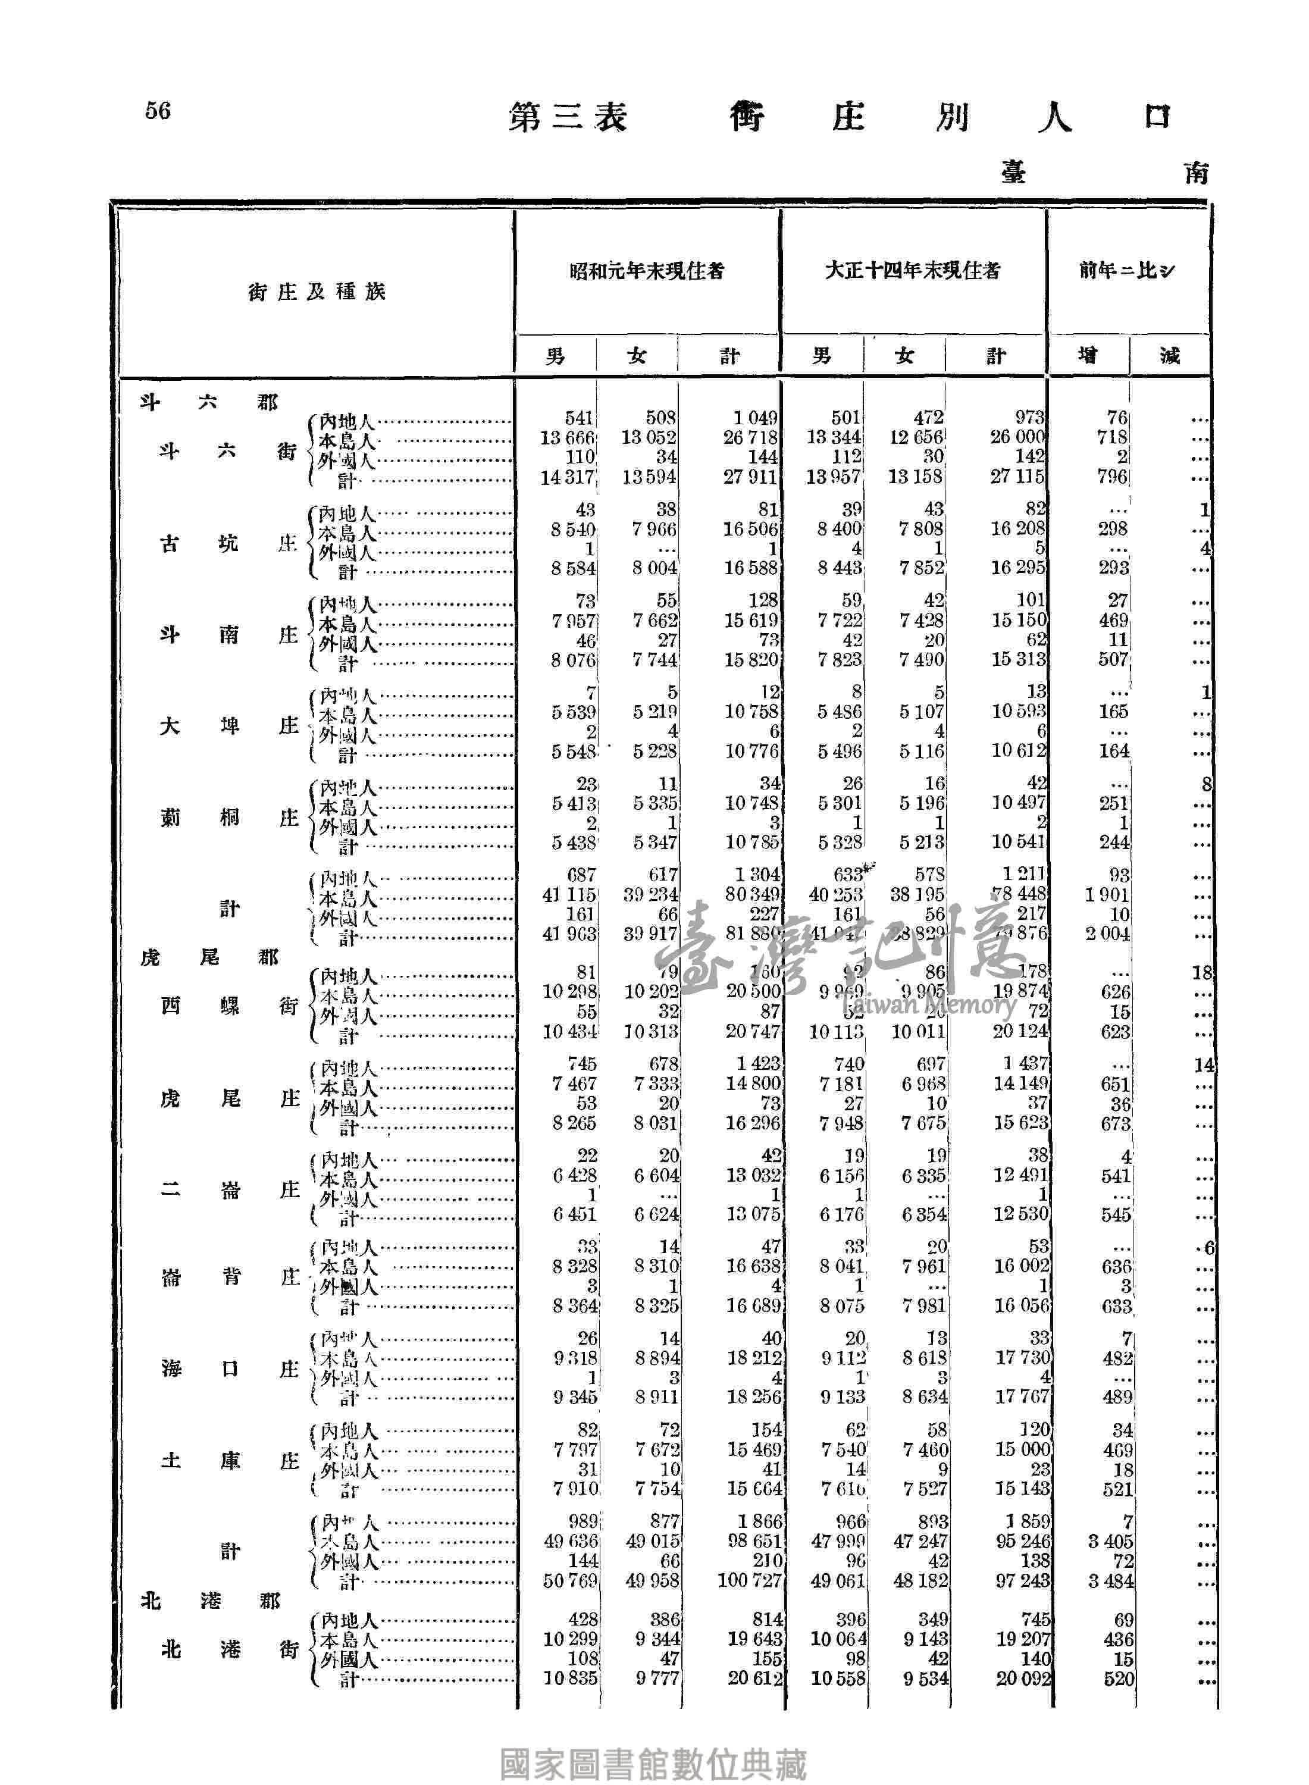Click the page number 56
coord(158,110)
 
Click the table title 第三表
coord(568,117)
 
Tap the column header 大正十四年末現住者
coord(912,271)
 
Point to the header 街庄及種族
coord(316,292)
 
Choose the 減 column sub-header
coord(1170,356)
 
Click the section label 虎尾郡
coord(210,958)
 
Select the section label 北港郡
coord(210,1601)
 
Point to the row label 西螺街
coord(229,1006)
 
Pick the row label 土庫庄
coord(229,1461)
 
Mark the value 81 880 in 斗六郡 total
coord(751,935)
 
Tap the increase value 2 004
coord(1108,935)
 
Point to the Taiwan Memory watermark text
coord(929,1006)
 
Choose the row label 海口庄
coord(229,1369)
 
